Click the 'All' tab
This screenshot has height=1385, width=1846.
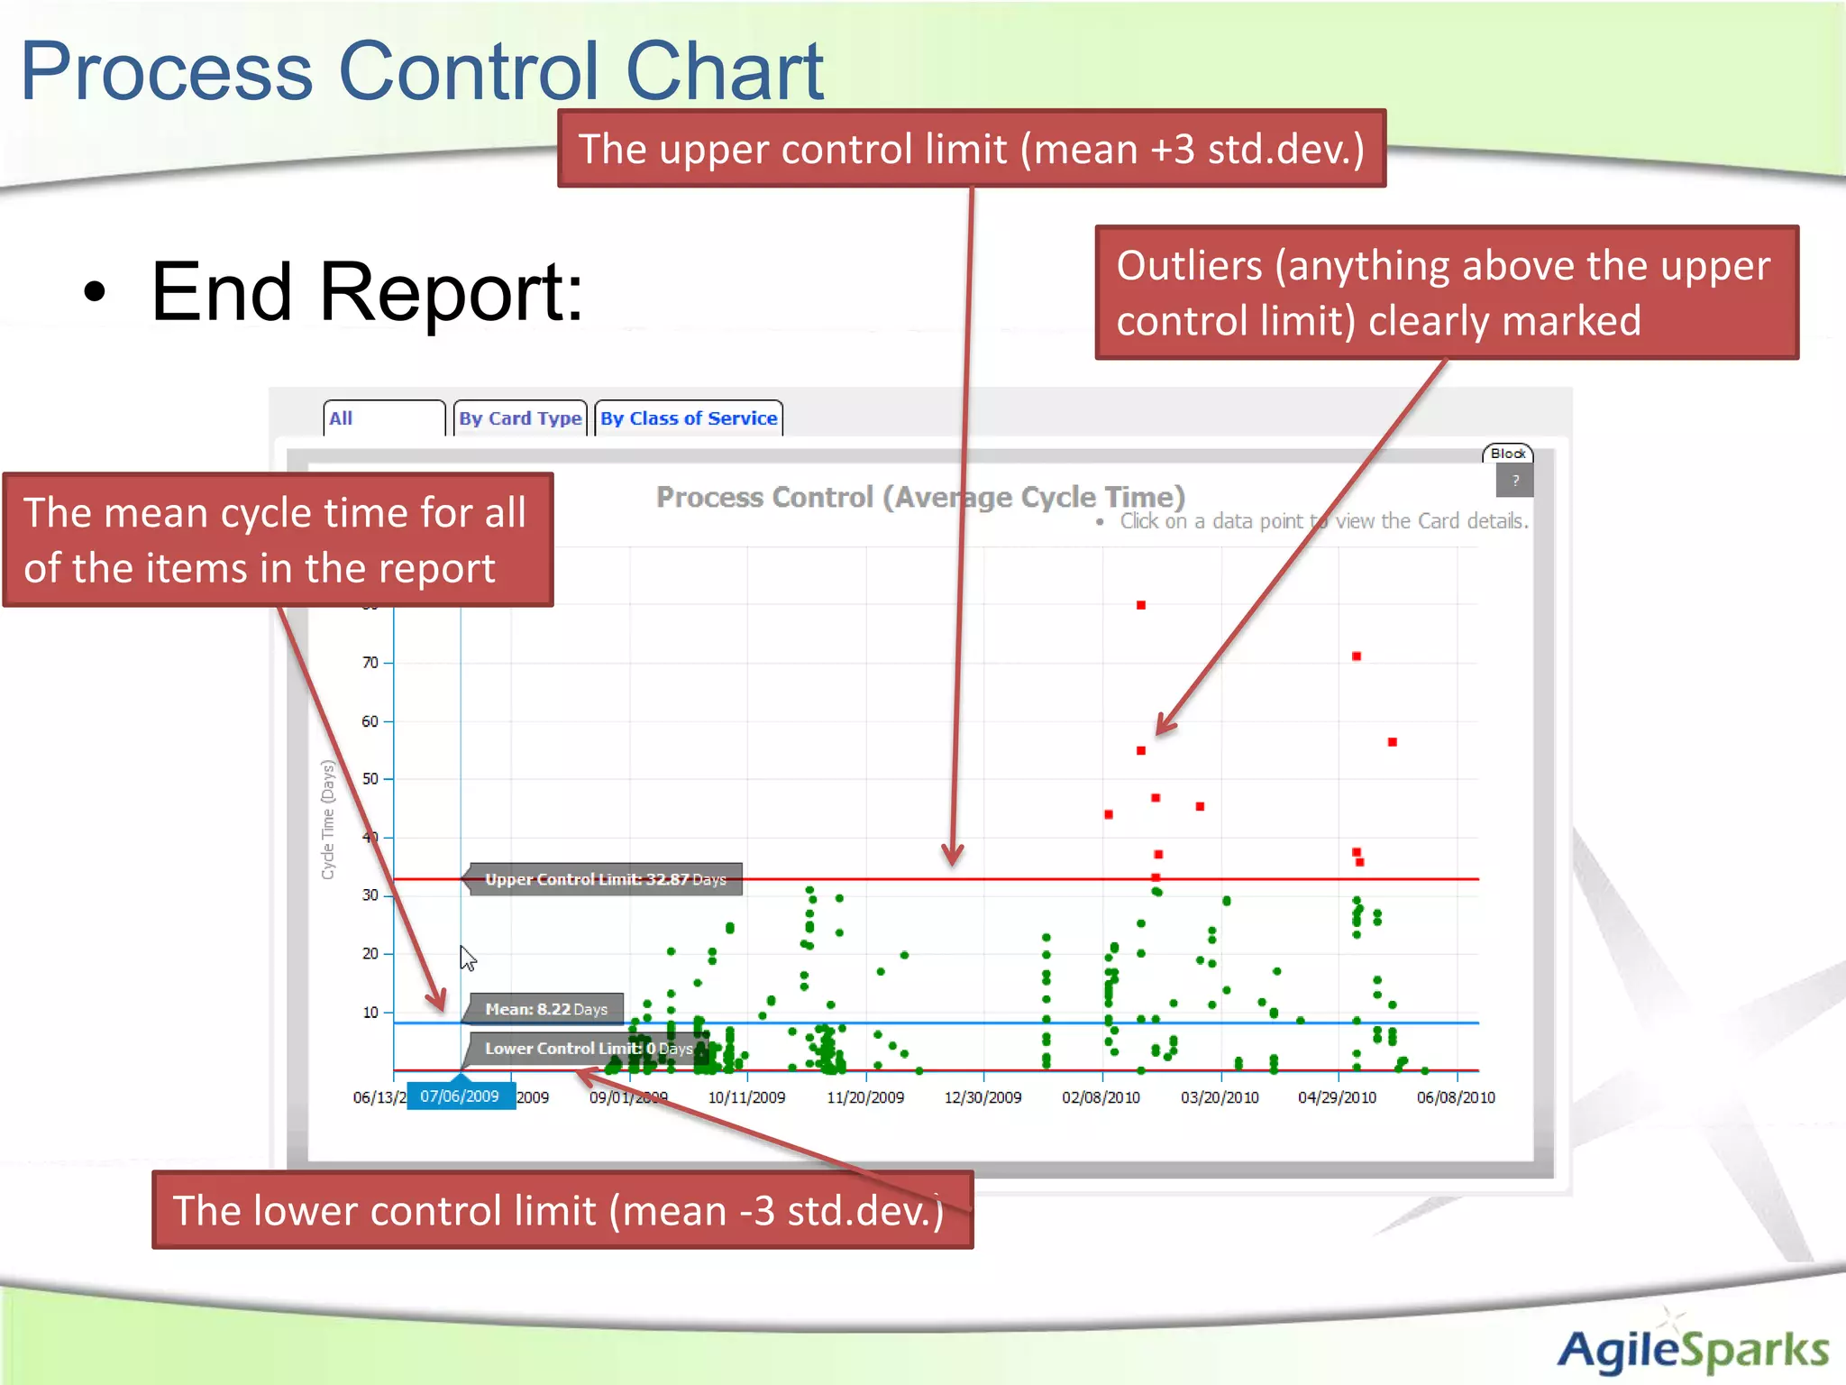[x=383, y=418]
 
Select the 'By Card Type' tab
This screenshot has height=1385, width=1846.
[x=520, y=418]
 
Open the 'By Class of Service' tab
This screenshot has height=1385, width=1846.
[x=689, y=418]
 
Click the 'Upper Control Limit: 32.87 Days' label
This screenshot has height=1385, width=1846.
[x=605, y=879]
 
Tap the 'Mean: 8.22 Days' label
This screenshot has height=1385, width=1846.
[x=545, y=1009]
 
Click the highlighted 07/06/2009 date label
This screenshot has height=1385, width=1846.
[x=460, y=1096]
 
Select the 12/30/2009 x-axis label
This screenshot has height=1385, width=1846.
[x=982, y=1097]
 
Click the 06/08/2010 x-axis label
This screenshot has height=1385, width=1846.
[x=1456, y=1097]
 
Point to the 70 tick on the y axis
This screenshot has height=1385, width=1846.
[x=370, y=663]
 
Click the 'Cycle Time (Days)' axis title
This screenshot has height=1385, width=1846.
[x=328, y=820]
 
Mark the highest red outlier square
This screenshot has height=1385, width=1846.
[x=1141, y=605]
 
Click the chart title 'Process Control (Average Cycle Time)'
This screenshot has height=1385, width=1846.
[x=919, y=497]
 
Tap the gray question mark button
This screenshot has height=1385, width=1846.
[x=1515, y=481]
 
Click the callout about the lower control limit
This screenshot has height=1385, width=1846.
[x=562, y=1210]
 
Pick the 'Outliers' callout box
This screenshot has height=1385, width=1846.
[x=1446, y=292]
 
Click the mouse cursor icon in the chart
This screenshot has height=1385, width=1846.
[x=467, y=958]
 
